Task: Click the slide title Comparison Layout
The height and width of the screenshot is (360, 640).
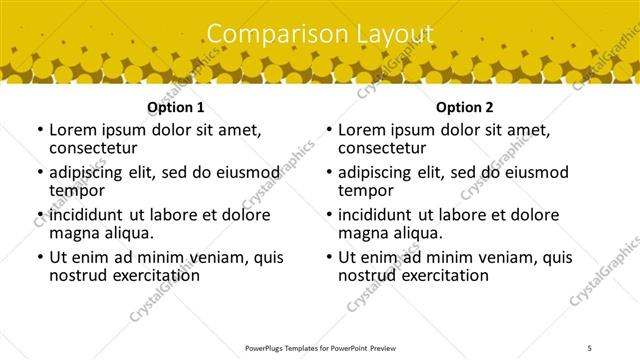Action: (320, 34)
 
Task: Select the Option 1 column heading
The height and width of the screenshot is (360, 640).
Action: (176, 107)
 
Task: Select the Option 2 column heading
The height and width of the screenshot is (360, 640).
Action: (465, 107)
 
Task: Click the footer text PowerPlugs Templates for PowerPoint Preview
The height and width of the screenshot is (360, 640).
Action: (320, 348)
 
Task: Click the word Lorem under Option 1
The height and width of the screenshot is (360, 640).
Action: (72, 129)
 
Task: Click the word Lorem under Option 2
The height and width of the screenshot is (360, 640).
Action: (361, 129)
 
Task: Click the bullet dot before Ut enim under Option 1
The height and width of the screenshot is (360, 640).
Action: (39, 257)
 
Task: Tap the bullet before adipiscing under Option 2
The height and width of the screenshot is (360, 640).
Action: (328, 173)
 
